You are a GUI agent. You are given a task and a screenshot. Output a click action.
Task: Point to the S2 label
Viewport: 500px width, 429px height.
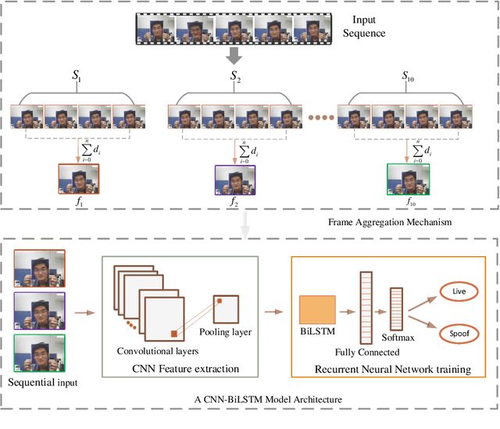pyautogui.click(x=234, y=77)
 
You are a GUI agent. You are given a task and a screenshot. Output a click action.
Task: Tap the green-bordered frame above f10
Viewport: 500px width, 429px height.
pyautogui.click(x=409, y=178)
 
